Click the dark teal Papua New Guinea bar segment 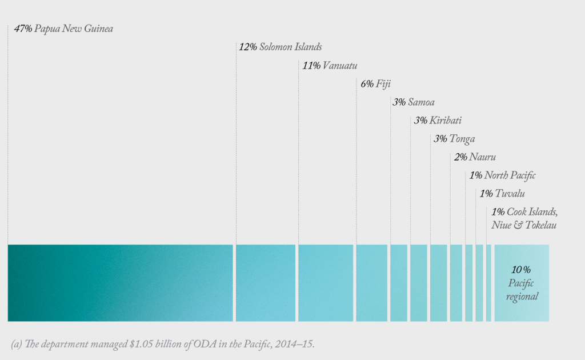pyautogui.click(x=120, y=283)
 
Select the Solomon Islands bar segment pyautogui.click(x=266, y=283)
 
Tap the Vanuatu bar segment pyautogui.click(x=326, y=283)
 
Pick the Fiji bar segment pyautogui.click(x=372, y=283)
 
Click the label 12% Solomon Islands pyautogui.click(x=280, y=47)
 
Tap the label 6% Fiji pyautogui.click(x=375, y=83)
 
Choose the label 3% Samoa pyautogui.click(x=413, y=102)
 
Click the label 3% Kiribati pyautogui.click(x=438, y=121)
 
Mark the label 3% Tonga pyautogui.click(x=454, y=139)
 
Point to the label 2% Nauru pyautogui.click(x=475, y=157)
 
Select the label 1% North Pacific pyautogui.click(x=502, y=175)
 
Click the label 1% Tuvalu pyautogui.click(x=502, y=194)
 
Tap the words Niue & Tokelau pyautogui.click(x=524, y=225)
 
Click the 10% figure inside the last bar pyautogui.click(x=521, y=269)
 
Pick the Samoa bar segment pyautogui.click(x=399, y=283)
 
